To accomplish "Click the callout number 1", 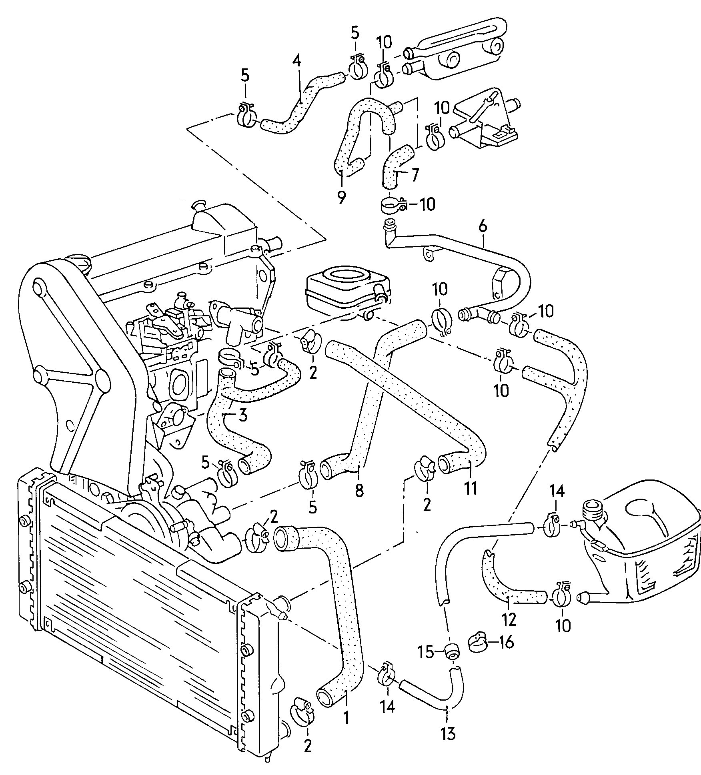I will point(346,729).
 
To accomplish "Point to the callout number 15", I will point(426,653).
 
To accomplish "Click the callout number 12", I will point(509,631).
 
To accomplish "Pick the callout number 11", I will point(471,488).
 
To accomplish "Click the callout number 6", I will point(483,227).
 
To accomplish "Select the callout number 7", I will point(414,174).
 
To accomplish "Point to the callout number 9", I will point(341,198).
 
